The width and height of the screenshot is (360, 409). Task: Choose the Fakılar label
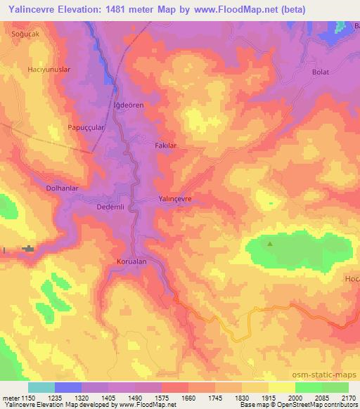coord(165,145)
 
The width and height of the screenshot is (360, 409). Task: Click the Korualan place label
coord(131,261)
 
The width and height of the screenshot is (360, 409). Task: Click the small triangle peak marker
coord(270,244)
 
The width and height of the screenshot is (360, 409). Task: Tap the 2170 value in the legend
coord(347,398)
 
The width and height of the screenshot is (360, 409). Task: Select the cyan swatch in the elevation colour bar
coord(41,387)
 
